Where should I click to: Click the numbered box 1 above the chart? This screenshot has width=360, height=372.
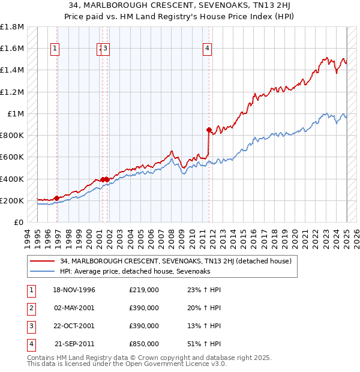[x=55, y=49]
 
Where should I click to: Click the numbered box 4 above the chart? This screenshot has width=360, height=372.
[x=206, y=49]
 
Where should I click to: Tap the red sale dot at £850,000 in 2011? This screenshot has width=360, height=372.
[x=208, y=130]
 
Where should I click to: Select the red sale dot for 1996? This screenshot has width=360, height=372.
[x=56, y=198]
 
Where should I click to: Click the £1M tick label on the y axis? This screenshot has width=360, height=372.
[x=16, y=114]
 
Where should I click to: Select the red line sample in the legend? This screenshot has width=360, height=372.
[x=41, y=262]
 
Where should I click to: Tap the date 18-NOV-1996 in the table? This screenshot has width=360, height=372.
[x=74, y=290]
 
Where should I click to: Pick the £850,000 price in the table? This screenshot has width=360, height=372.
[x=143, y=344]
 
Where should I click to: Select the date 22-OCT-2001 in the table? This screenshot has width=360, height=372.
[x=74, y=326]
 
